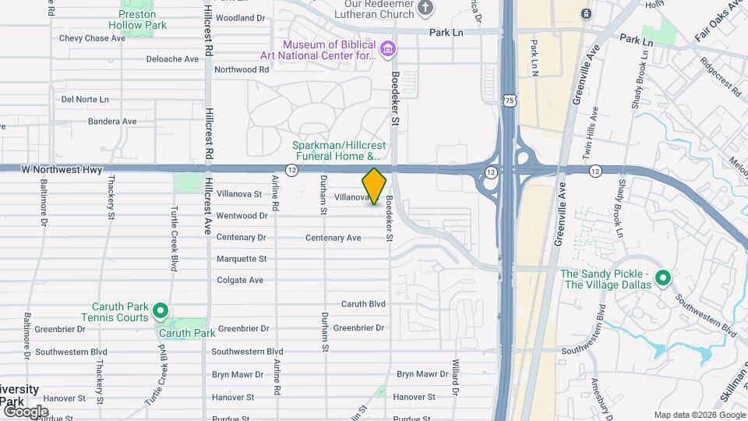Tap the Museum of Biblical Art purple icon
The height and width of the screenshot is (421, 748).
[387, 51]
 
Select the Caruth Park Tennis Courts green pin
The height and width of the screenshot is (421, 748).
[161, 312]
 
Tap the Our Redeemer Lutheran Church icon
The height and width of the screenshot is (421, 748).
[425, 9]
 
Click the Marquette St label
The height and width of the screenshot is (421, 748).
[242, 259]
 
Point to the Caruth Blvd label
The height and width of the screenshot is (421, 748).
[363, 303]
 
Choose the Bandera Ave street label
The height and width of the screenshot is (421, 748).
[112, 122]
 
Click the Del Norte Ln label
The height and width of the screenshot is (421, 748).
[85, 99]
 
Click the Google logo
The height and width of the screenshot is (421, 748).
[26, 411]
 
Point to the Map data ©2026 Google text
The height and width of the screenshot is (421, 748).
[698, 415]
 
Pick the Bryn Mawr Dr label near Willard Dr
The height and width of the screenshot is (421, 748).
[422, 374]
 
